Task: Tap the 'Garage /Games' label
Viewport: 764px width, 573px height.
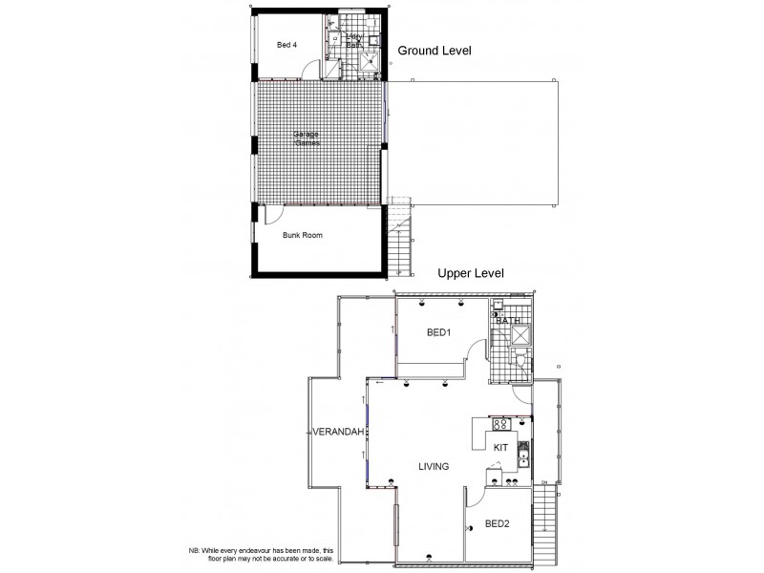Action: pyautogui.click(x=308, y=138)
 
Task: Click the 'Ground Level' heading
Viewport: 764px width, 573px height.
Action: pyautogui.click(x=435, y=51)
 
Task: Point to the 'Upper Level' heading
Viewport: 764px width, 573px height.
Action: pyautogui.click(x=470, y=273)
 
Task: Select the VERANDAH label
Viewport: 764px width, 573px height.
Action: pyautogui.click(x=339, y=433)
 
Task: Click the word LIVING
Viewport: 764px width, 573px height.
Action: pyautogui.click(x=434, y=466)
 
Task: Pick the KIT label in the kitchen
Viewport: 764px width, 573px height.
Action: pyautogui.click(x=499, y=446)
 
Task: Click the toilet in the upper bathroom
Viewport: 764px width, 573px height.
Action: pyautogui.click(x=517, y=359)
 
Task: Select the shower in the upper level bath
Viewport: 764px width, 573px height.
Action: pyautogui.click(x=521, y=334)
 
